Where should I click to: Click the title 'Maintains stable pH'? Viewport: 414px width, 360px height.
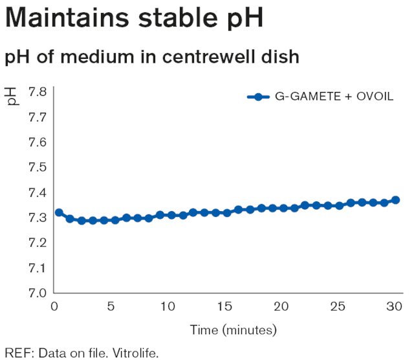[x=134, y=19]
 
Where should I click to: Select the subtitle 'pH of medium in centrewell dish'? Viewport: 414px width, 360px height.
[x=152, y=57]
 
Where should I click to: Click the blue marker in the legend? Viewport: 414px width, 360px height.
[x=258, y=97]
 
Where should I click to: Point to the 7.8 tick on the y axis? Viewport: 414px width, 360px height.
[x=38, y=92]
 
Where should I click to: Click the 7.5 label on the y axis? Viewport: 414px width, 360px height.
[x=38, y=167]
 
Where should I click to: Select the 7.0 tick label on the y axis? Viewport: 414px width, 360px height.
[x=38, y=293]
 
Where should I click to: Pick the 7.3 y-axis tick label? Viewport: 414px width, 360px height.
[x=38, y=218]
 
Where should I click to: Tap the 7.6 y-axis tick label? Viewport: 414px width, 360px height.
[x=38, y=142]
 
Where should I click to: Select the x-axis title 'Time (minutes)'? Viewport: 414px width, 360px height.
[x=234, y=330]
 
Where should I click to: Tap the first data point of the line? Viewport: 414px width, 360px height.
[x=59, y=212]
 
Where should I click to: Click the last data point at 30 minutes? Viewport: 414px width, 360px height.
[x=395, y=200]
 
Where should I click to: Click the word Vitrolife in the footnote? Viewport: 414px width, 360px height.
[x=135, y=353]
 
